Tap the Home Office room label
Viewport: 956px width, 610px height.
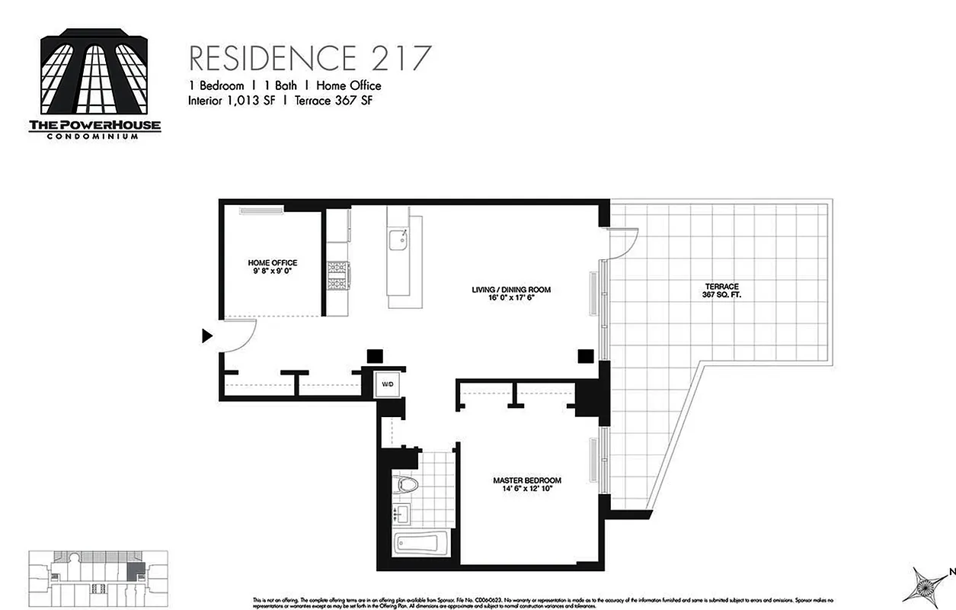272,263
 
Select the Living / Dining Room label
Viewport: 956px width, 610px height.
510,290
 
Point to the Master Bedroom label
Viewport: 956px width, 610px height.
527,480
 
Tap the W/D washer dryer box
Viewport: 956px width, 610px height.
388,384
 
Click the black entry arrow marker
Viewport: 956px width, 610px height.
206,335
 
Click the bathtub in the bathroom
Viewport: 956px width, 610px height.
416,544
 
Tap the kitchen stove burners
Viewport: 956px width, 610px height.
337,275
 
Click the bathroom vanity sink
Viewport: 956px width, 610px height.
401,514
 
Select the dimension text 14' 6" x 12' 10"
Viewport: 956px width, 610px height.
527,490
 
